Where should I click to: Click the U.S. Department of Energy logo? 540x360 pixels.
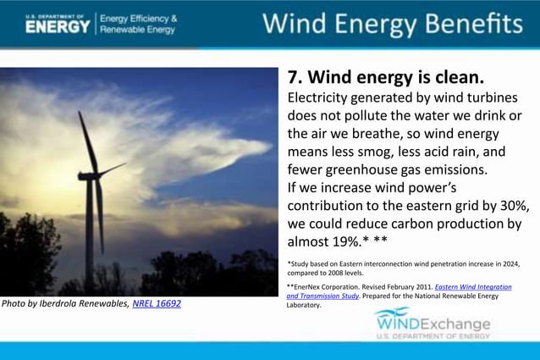click(x=57, y=24)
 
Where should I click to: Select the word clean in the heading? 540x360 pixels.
click(x=455, y=78)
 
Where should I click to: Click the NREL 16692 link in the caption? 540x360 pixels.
click(x=157, y=303)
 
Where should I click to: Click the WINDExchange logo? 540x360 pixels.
click(x=432, y=324)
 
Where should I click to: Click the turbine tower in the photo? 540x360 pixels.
click(x=90, y=237)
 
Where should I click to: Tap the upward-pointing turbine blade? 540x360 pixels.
click(x=85, y=140)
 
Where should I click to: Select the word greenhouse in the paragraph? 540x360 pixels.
click(x=369, y=169)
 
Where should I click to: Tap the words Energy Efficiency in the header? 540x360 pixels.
click(x=140, y=18)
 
